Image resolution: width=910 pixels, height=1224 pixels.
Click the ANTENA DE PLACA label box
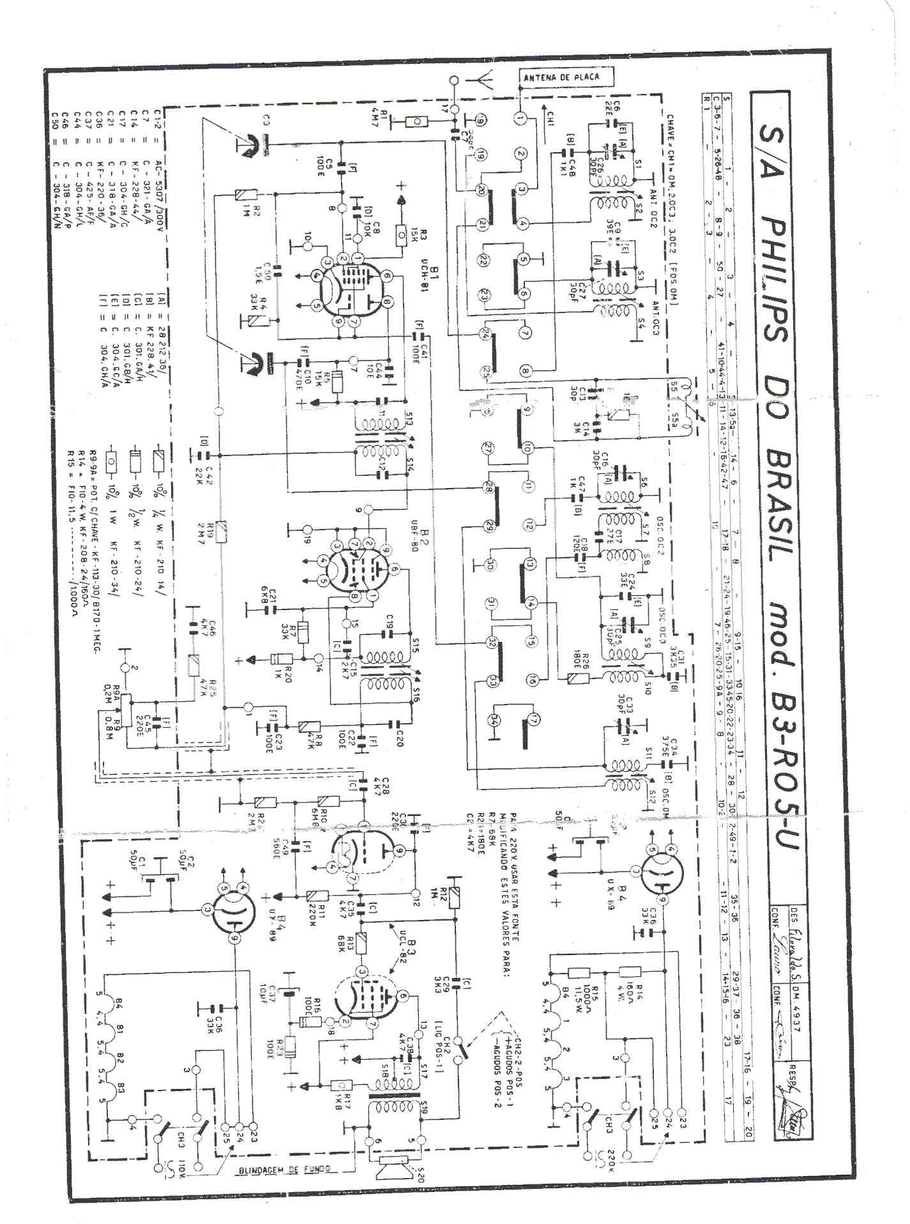tap(562, 77)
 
